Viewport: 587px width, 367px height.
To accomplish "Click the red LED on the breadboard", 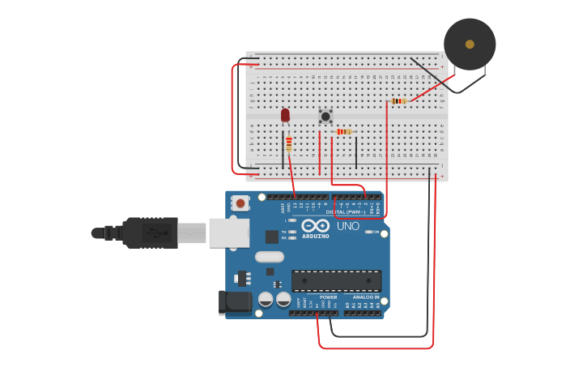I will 285,115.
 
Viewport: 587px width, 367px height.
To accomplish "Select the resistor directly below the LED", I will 289,144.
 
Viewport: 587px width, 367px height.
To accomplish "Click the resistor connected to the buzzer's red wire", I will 398,101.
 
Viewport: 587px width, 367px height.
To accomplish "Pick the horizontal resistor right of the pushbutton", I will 344,131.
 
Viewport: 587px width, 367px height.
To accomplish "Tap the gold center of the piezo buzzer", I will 470,44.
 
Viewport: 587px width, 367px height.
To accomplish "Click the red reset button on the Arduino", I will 240,204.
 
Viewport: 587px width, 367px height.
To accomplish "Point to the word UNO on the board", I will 347,226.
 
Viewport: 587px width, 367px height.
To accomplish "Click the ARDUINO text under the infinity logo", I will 316,236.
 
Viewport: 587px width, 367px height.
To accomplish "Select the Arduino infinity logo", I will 316,225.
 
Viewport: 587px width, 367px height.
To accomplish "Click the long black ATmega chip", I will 336,281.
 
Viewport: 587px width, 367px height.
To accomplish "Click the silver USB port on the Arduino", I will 228,233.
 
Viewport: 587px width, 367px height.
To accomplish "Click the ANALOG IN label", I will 366,297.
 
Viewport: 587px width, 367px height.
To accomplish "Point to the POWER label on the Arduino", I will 328,297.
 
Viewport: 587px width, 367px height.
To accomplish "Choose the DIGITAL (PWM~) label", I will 346,211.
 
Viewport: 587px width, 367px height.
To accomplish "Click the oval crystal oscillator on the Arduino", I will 270,257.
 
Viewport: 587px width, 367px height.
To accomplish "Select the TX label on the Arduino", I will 284,233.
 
